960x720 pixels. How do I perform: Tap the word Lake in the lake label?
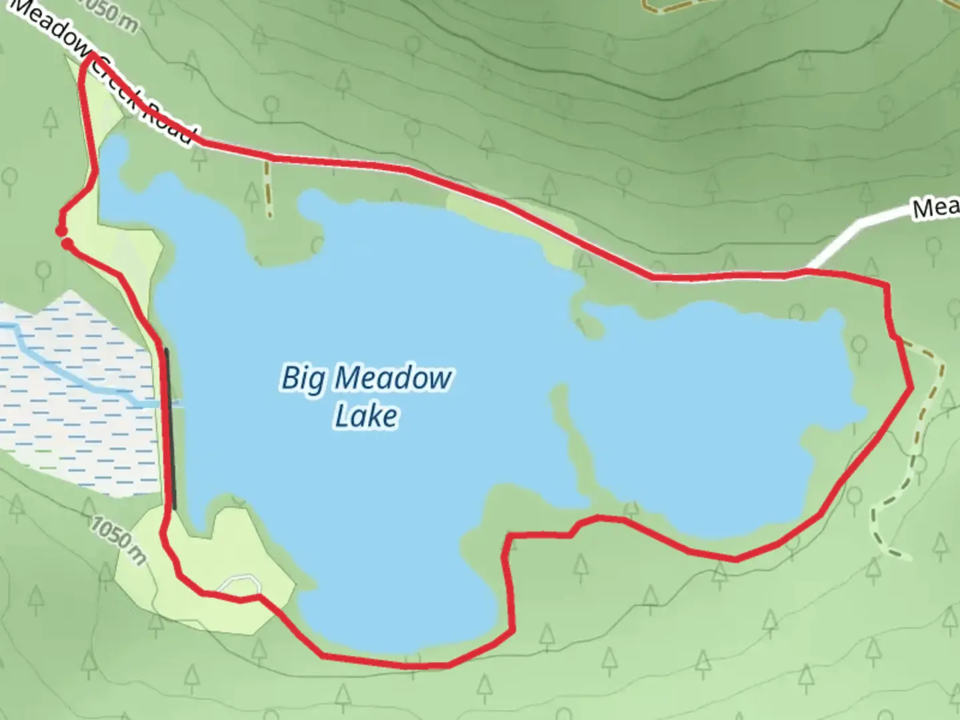point(366,417)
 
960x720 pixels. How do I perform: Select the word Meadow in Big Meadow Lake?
point(393,379)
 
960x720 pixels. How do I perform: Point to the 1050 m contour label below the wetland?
point(118,541)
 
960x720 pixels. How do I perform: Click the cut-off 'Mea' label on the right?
point(935,208)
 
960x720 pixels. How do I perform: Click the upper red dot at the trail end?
point(60,231)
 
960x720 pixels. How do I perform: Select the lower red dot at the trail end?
point(67,245)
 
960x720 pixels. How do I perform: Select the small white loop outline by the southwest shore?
point(240,583)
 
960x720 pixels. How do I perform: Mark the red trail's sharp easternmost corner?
point(911,387)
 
